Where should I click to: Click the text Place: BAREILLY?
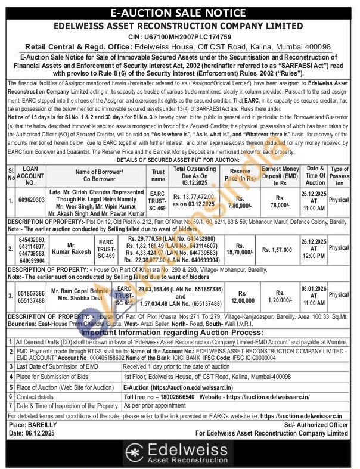click(x=33, y=425)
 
